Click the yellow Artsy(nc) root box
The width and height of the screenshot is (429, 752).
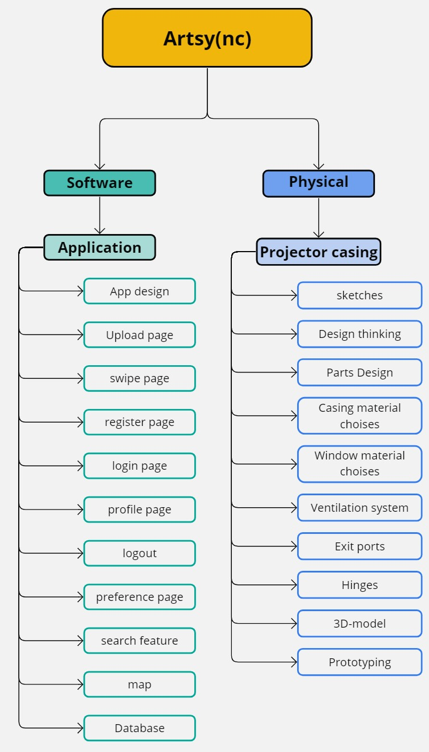point(207,38)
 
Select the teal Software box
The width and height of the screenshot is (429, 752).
point(99,183)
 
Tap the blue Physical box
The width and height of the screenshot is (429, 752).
point(318,183)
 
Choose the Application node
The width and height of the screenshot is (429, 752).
point(99,248)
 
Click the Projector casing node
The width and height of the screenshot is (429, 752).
point(318,252)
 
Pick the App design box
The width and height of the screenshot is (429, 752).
point(139,291)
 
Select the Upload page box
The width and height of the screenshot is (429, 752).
point(139,335)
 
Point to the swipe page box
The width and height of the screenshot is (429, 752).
point(139,379)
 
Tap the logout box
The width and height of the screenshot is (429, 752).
point(139,553)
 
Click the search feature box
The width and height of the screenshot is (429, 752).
point(139,641)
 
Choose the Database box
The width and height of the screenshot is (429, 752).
point(139,728)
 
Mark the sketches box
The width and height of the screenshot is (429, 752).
point(359,295)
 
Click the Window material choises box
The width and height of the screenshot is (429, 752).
point(359,463)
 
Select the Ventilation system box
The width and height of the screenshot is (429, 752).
point(359,508)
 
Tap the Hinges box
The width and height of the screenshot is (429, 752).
point(359,585)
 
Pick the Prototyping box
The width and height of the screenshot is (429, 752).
point(359,662)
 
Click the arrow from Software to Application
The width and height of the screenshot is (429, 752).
point(100,215)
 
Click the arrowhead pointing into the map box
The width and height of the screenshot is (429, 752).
point(80,684)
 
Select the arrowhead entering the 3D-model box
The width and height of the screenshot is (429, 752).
point(294,624)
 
